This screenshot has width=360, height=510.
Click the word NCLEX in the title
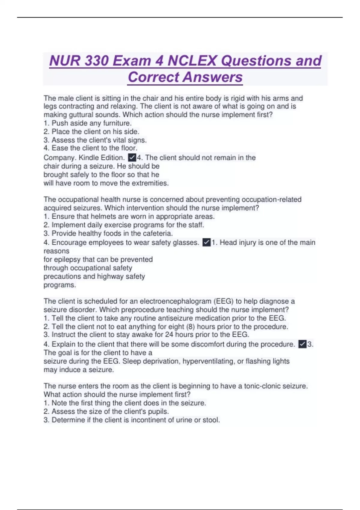pos(192,61)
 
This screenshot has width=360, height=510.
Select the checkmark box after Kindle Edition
pos(132,157)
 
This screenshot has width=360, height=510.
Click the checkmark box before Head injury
pos(206,242)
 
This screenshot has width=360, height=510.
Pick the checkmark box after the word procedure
pos(302,344)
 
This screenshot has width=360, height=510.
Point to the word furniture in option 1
pos(117,123)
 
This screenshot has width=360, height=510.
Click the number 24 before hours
pos(169,334)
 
